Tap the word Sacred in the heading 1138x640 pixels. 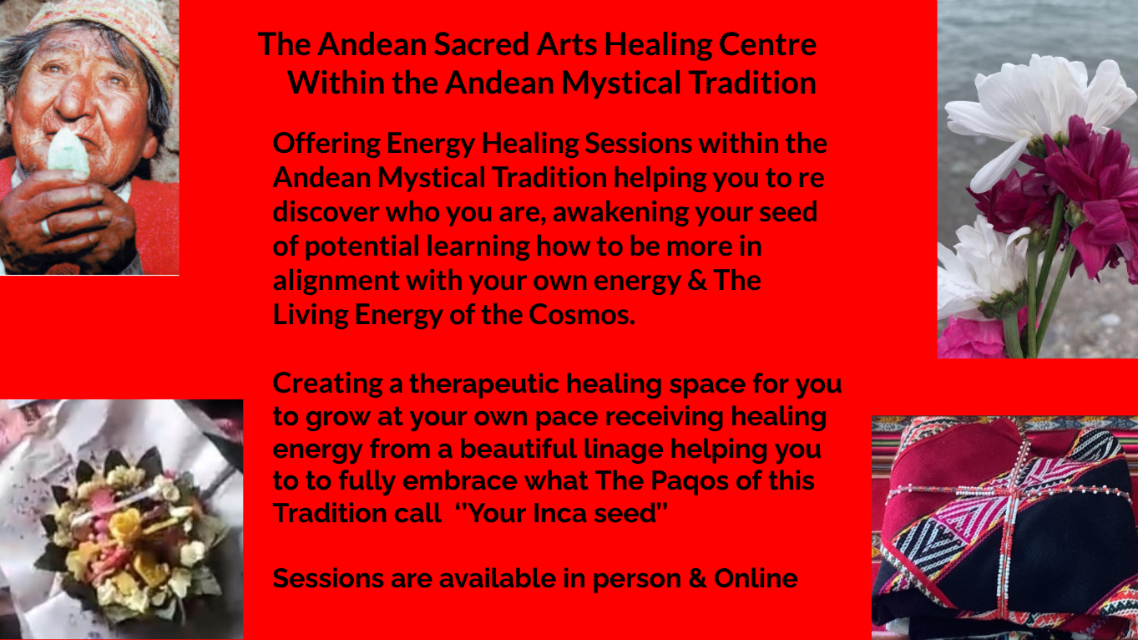point(481,44)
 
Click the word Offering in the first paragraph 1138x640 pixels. point(326,145)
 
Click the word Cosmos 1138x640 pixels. point(582,314)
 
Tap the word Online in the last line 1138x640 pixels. point(756,578)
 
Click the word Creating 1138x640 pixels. point(327,383)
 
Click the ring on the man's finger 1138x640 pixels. point(46,227)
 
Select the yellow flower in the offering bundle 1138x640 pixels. point(125,525)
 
